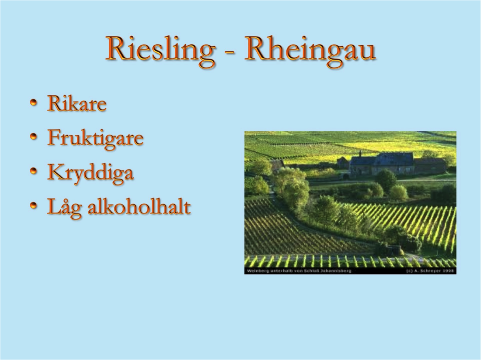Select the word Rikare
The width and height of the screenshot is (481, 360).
(77, 103)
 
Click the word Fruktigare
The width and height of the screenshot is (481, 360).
(95, 138)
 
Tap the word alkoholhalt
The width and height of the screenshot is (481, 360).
(139, 207)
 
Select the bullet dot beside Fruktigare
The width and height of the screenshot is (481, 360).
(34, 137)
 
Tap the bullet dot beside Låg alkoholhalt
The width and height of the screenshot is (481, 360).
(34, 205)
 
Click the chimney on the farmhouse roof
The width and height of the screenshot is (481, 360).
(360, 153)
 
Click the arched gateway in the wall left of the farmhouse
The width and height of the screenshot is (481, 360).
(346, 177)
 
